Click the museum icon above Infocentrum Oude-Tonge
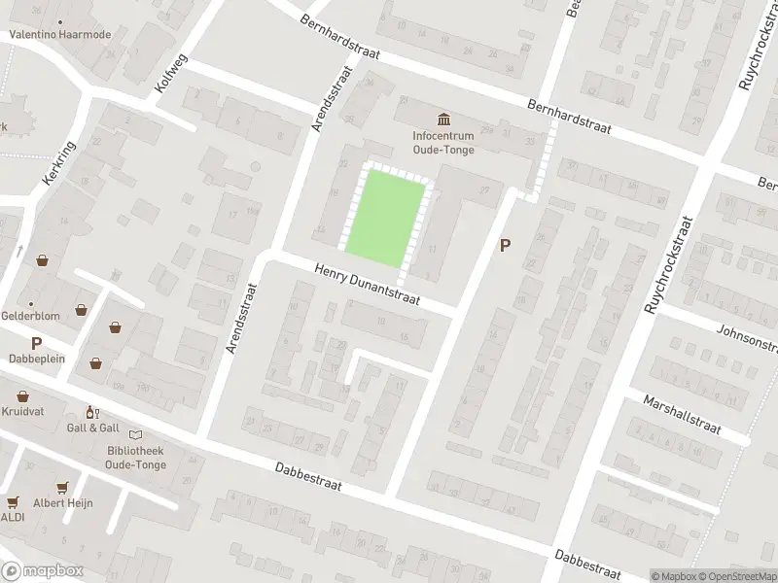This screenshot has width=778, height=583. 444,120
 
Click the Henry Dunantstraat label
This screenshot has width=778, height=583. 367,286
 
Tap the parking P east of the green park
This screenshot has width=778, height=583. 504,246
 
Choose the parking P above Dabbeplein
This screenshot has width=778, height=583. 36,343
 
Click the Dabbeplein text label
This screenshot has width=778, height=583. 36,358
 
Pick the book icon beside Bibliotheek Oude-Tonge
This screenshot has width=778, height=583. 134,434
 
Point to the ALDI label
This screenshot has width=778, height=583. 13,516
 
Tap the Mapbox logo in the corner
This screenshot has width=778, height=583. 42,570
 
